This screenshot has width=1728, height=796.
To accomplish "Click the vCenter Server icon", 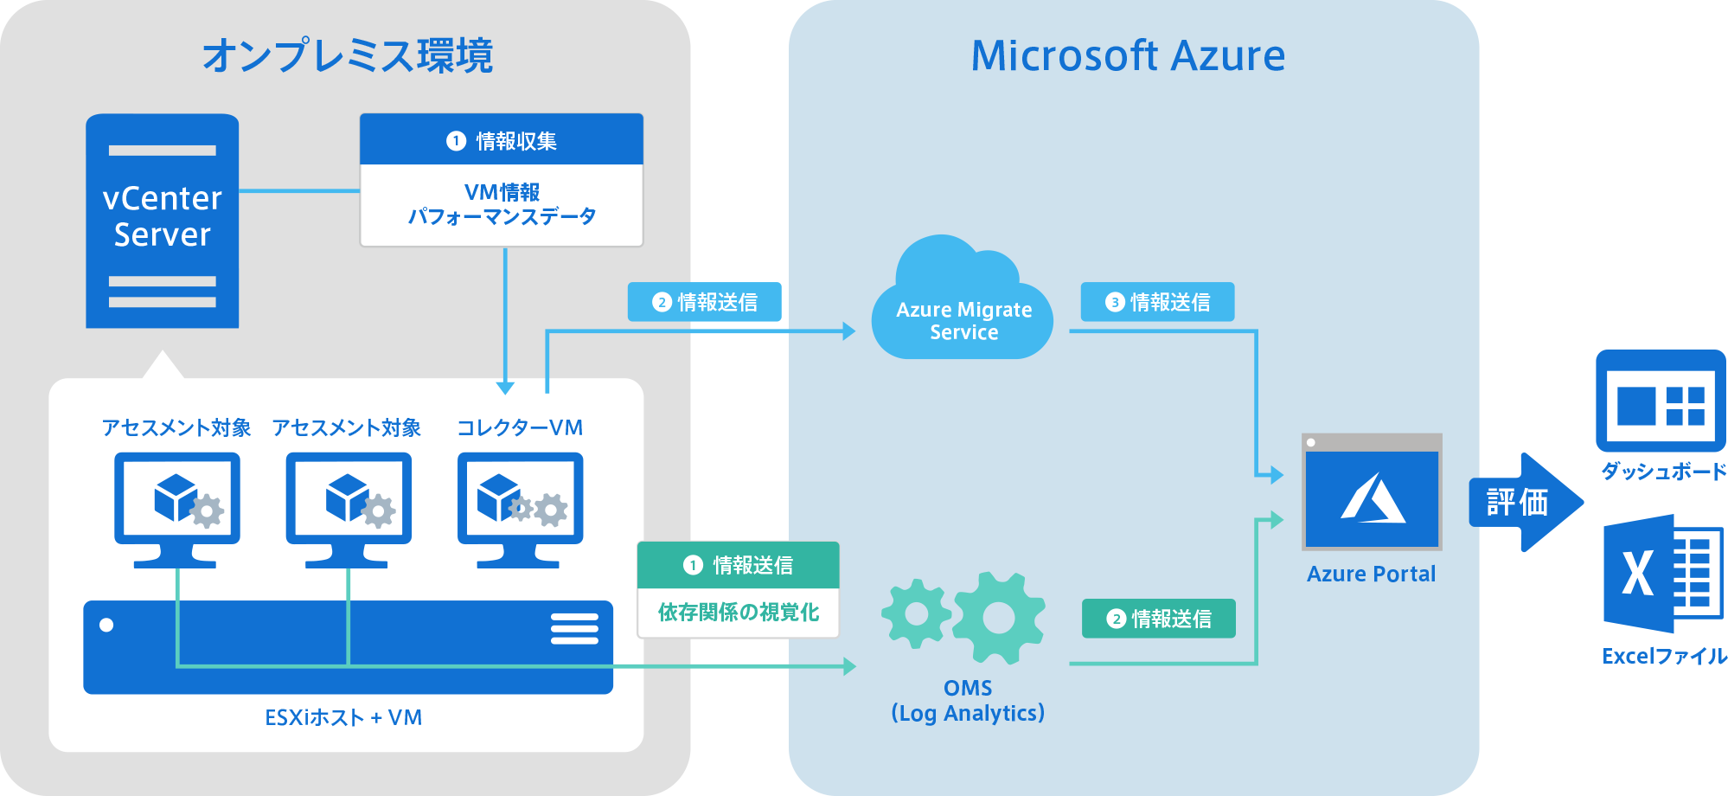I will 163,221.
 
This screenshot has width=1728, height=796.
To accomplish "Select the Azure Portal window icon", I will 1372,491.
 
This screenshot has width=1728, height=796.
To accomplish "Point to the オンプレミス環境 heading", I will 348,55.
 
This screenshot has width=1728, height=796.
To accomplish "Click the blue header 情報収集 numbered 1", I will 502,140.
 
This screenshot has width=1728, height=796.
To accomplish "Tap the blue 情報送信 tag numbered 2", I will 707,302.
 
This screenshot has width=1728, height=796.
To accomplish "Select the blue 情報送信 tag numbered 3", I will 1157,302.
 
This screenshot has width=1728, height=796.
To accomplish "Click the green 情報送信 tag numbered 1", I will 739,565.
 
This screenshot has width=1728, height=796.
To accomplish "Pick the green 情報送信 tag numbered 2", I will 1159,619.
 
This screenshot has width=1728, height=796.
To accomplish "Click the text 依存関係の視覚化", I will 739,613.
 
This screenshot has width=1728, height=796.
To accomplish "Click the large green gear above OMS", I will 1000,617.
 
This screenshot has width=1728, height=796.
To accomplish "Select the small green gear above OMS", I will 916,613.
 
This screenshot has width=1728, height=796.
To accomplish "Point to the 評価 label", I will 1517,502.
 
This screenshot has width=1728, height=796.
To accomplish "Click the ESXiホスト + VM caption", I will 343,717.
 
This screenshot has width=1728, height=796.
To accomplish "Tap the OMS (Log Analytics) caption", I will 968,701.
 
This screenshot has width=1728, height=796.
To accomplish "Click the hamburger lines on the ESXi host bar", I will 574,629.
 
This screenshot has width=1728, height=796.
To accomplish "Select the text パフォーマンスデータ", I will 502,216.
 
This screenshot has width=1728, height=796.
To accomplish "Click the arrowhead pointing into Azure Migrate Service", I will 848,331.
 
